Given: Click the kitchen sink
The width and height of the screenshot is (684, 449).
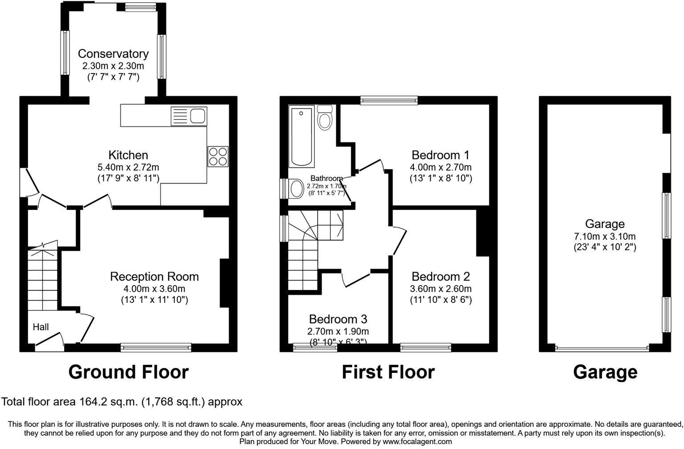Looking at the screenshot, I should point(188,116).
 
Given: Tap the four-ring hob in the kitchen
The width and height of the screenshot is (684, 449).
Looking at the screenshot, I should point(218,156).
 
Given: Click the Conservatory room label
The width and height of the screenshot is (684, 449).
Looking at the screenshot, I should point(113,54).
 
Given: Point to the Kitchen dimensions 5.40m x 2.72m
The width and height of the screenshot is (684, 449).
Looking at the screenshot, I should point(128,167).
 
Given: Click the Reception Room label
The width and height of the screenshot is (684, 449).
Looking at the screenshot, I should point(154,277).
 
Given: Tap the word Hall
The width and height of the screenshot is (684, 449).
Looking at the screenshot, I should point(41,327).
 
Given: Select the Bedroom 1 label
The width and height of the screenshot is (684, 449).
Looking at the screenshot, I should point(440,155).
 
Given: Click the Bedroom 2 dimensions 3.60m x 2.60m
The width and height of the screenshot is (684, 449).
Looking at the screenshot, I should point(440,289).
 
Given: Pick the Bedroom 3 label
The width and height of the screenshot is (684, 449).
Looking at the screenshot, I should point(338,319).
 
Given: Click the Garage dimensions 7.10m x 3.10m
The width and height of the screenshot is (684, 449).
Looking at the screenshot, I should point(604,236).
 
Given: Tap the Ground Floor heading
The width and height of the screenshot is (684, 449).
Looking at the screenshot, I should point(128,372).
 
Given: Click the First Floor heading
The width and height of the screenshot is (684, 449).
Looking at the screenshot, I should point(388,372).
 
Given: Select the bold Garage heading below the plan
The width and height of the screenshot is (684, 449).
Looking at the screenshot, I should point(605,372).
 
